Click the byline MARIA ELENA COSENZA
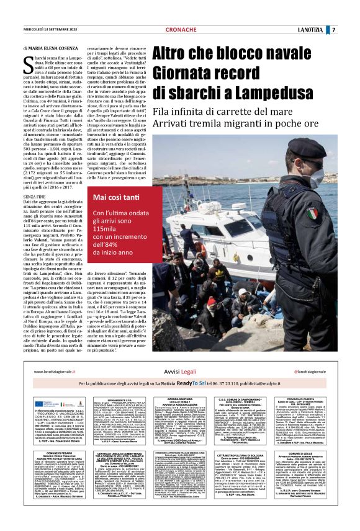tap(54, 47)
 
